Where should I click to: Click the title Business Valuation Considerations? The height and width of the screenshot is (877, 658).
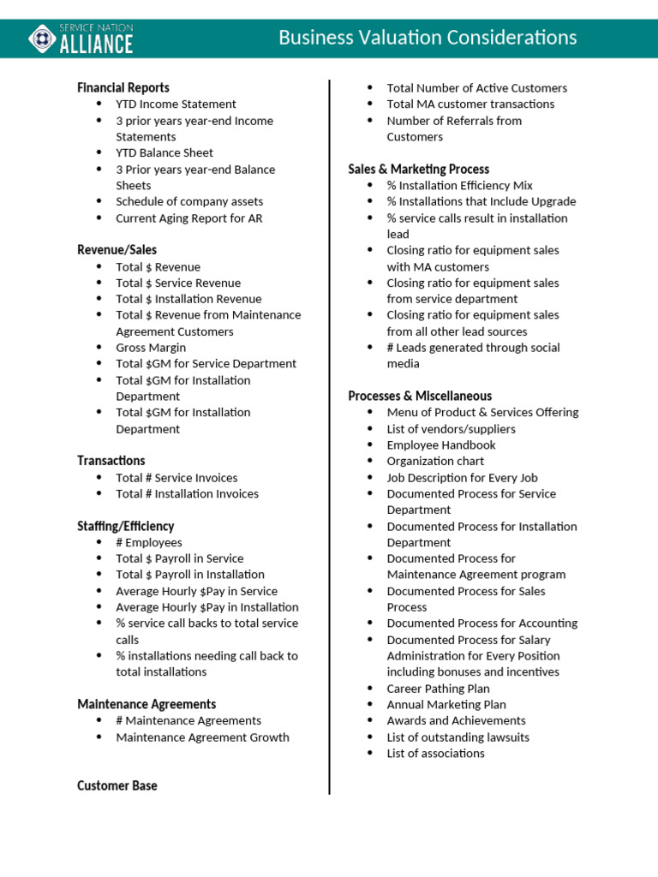pos(428,38)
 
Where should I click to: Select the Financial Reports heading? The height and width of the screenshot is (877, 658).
pos(123,87)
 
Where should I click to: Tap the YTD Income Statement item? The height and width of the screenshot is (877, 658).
pos(176,104)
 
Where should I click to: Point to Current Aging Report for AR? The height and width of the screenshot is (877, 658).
pos(189,218)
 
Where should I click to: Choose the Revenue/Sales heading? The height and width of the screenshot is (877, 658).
pos(117,249)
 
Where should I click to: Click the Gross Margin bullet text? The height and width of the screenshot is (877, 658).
pos(151,347)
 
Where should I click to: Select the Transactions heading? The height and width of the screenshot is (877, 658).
pos(111,460)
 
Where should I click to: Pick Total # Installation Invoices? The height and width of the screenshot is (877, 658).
pos(187,493)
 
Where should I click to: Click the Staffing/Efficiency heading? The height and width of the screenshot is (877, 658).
pos(125,526)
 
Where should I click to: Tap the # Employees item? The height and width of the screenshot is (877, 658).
pos(149,542)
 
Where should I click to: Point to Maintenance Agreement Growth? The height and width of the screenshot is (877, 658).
pos(202,737)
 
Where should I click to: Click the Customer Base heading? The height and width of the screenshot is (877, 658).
pos(117,785)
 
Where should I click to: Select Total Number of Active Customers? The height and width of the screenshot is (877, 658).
pos(476,87)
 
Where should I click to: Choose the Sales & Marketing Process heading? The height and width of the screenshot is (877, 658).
pos(419,169)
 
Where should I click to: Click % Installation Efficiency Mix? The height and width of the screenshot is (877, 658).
pos(459,185)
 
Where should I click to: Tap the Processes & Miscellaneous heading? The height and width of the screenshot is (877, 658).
pos(420,396)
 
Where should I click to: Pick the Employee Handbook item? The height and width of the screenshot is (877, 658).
pos(440,444)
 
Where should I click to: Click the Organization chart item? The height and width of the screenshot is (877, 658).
pos(435,461)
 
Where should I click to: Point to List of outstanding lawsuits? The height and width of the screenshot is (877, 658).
pos(458,737)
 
